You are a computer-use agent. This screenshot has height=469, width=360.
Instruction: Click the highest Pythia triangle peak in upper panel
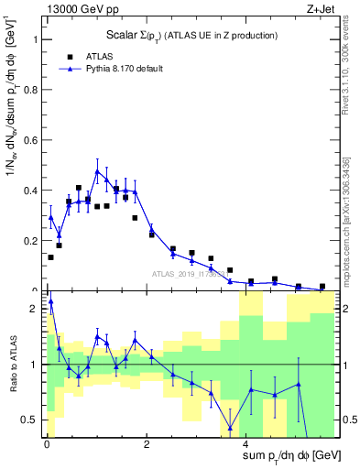click(97, 171)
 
